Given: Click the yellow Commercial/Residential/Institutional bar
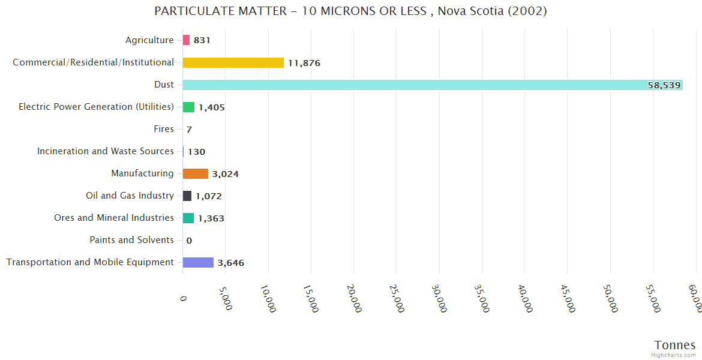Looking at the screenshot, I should (233, 62).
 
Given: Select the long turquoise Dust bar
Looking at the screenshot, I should (432, 85).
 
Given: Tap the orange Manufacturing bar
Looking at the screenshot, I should (195, 173).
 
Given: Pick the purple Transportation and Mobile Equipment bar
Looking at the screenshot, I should (198, 262).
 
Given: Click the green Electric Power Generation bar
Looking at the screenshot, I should (188, 107).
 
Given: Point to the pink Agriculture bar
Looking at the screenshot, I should (186, 40).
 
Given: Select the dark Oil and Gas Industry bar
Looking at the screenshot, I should (187, 196).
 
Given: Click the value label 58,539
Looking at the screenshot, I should (664, 85).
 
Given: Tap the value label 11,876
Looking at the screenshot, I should (304, 63).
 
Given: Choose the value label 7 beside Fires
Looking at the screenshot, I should (189, 130).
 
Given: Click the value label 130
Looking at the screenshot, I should (196, 152).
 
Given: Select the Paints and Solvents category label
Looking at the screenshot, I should (131, 240).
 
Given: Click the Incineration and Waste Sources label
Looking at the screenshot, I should (105, 151).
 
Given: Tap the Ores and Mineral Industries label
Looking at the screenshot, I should (113, 218).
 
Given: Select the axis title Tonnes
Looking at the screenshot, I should (674, 345).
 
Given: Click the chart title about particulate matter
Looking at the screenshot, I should (350, 11).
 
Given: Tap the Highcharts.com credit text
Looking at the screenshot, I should (674, 355).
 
